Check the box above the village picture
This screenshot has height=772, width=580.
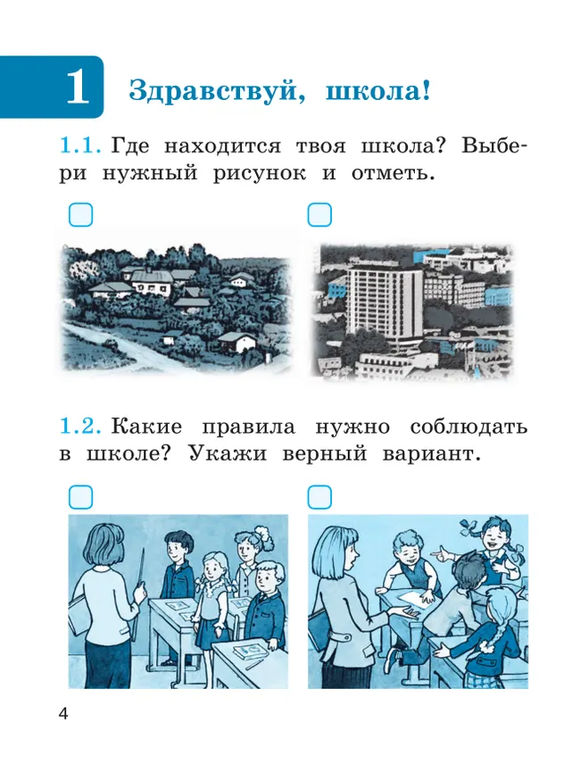pyautogui.click(x=80, y=215)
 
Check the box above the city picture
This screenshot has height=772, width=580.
pyautogui.click(x=319, y=215)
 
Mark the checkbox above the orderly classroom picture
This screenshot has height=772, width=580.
pyautogui.click(x=80, y=496)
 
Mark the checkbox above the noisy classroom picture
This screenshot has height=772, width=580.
pyautogui.click(x=319, y=496)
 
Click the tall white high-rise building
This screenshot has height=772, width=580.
pyautogui.click(x=385, y=308)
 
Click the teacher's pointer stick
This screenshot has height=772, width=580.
pyautogui.click(x=140, y=585)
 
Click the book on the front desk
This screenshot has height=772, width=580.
pyautogui.click(x=249, y=652)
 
